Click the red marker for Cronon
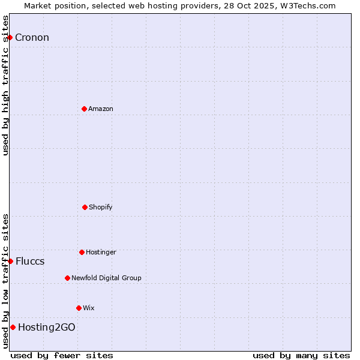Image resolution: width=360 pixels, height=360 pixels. (x=10, y=37)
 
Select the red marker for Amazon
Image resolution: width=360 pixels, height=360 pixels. (x=84, y=109)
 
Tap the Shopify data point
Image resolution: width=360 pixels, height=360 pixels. (x=85, y=207)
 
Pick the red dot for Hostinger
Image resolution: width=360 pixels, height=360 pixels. (x=82, y=252)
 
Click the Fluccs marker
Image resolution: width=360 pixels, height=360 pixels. (x=10, y=261)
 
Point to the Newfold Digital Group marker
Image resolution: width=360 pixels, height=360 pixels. (x=67, y=278)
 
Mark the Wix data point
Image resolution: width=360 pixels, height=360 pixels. (x=79, y=308)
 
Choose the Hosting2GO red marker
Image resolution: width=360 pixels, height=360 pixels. (x=13, y=327)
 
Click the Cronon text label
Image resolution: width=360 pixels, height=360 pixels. (x=32, y=38)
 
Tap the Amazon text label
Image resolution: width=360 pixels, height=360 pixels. (x=101, y=109)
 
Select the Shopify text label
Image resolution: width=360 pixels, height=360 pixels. (x=101, y=208)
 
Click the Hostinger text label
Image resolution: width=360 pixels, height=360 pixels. (x=101, y=253)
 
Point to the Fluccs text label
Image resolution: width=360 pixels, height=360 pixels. (x=30, y=262)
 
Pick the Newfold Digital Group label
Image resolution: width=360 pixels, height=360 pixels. (x=106, y=278)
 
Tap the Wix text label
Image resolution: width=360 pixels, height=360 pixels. (x=89, y=308)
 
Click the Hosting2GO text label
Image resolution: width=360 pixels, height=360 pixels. (x=47, y=328)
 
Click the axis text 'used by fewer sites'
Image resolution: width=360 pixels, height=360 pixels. (x=62, y=355)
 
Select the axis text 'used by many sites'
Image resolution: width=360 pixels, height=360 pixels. (x=301, y=355)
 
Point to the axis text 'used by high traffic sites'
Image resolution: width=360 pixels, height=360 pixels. (x=5, y=85)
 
